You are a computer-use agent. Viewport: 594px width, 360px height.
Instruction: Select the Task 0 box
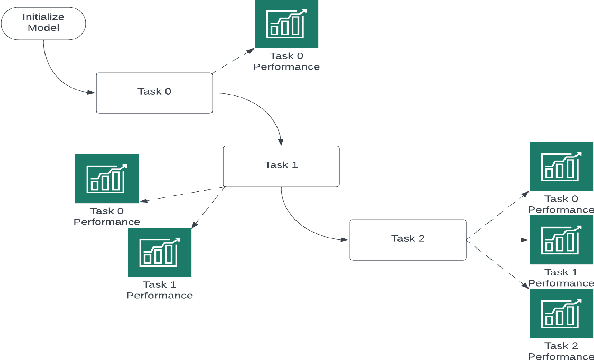(154, 92)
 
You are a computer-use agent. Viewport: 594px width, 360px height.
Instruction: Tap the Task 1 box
(281, 166)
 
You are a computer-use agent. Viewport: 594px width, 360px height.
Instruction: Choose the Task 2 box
(407, 238)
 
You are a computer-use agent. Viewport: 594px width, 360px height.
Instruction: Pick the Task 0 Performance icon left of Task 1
(107, 178)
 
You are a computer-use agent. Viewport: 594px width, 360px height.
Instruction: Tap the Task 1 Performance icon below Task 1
(159, 251)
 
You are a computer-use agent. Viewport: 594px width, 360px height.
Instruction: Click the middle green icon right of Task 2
(561, 239)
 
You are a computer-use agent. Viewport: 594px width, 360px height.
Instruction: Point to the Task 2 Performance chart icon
(561, 313)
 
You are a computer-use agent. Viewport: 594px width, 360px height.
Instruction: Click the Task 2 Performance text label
(561, 350)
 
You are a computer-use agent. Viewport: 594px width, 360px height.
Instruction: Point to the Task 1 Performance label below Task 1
(159, 290)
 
